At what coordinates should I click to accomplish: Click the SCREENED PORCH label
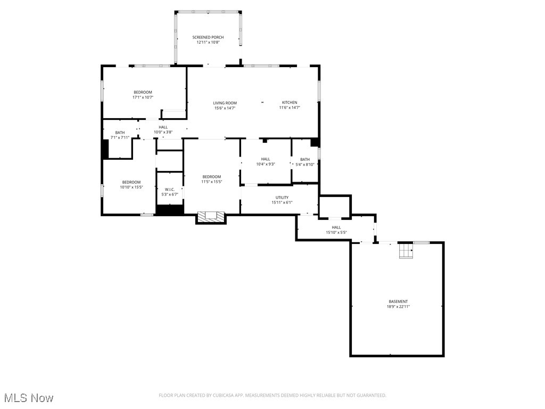pyautogui.click(x=208, y=37)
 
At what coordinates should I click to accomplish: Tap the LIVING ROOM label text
pyautogui.click(x=225, y=103)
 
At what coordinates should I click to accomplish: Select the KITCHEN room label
pyautogui.click(x=290, y=102)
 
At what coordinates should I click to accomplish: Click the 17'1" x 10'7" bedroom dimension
pyautogui.click(x=143, y=97)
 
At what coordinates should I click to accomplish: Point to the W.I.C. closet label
pyautogui.click(x=169, y=190)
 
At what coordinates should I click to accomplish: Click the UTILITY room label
pyautogui.click(x=282, y=198)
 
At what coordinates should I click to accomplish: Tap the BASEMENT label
pyautogui.click(x=398, y=301)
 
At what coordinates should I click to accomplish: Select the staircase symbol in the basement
pyautogui.click(x=407, y=251)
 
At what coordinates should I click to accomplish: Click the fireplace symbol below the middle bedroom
pyautogui.click(x=211, y=217)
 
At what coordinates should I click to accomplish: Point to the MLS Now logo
pyautogui.click(x=28, y=398)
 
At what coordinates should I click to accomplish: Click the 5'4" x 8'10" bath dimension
pyautogui.click(x=305, y=165)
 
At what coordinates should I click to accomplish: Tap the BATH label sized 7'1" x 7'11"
pyautogui.click(x=120, y=133)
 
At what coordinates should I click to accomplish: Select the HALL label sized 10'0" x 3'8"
pyautogui.click(x=163, y=127)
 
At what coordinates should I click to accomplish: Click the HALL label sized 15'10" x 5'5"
pyautogui.click(x=336, y=227)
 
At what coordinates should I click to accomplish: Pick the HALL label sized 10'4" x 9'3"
pyautogui.click(x=266, y=159)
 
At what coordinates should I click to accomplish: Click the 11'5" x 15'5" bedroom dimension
pyautogui.click(x=211, y=182)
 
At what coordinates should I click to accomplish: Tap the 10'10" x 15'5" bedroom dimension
pyautogui.click(x=131, y=187)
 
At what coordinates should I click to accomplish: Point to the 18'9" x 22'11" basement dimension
pyautogui.click(x=398, y=307)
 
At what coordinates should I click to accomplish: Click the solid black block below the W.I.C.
pyautogui.click(x=169, y=210)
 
